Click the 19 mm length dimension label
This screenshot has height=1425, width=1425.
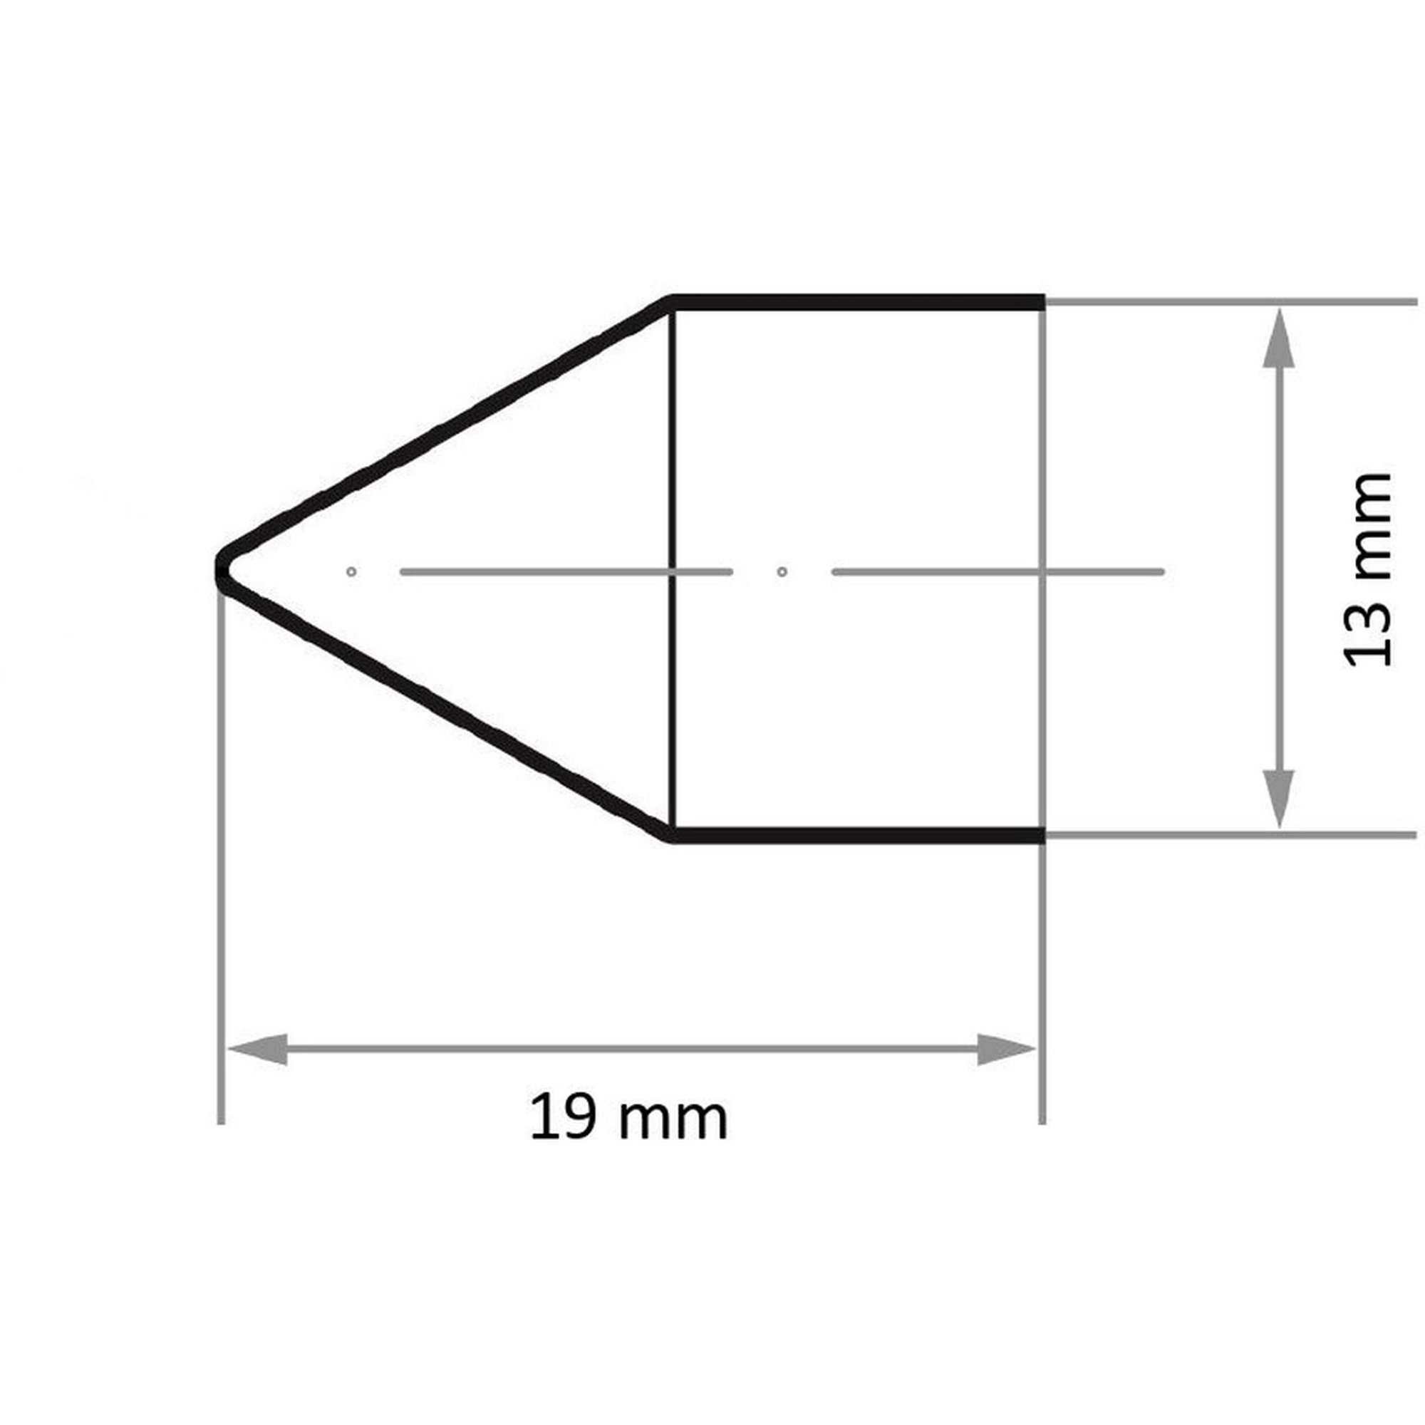628,1119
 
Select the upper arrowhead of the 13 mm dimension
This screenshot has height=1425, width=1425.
1278,338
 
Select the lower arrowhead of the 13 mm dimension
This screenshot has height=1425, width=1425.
1278,798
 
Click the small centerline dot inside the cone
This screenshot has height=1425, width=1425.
351,571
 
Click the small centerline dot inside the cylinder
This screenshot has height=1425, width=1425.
782,571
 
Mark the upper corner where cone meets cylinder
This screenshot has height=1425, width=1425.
672,302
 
